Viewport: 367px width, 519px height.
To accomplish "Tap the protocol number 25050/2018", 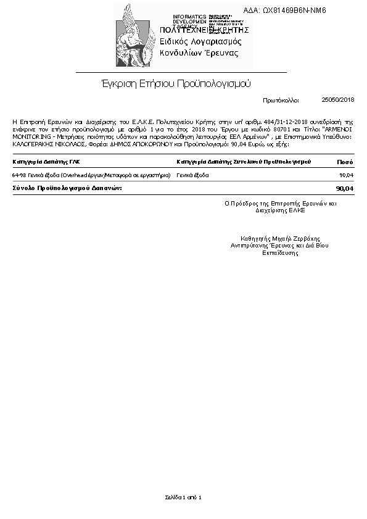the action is [x=338, y=99].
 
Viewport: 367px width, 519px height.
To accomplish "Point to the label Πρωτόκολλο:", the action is [x=281, y=99].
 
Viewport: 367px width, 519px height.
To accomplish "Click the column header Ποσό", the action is [x=345, y=162].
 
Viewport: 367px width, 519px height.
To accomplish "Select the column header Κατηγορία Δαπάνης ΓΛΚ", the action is [x=46, y=162].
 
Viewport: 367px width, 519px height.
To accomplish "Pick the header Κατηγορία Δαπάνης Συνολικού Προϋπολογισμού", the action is [x=243, y=162].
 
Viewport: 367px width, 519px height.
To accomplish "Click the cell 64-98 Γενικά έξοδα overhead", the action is [x=91, y=175].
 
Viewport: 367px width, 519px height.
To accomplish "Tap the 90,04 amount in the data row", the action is [x=346, y=175].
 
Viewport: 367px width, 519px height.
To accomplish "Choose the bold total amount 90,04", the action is [x=344, y=188].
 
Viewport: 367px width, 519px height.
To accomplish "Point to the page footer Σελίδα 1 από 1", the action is [x=183, y=497].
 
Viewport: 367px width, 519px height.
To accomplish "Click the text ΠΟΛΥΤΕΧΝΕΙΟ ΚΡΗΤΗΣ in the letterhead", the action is [x=204, y=30].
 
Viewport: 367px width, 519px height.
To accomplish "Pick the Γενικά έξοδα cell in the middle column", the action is [x=192, y=175].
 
